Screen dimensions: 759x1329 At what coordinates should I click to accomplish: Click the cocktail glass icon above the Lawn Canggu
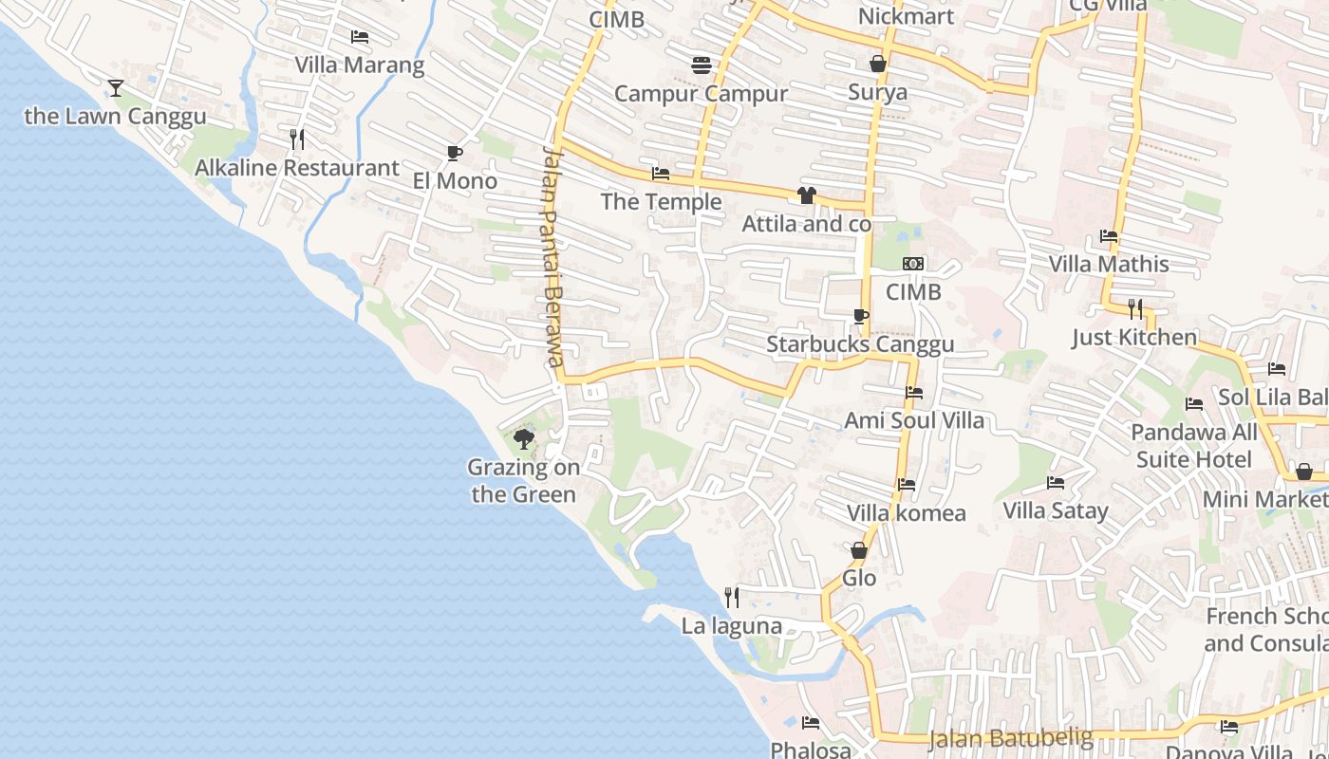click(x=116, y=88)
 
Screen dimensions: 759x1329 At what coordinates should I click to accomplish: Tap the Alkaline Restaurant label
click(x=297, y=168)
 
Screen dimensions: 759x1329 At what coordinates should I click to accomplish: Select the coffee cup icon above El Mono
click(x=454, y=153)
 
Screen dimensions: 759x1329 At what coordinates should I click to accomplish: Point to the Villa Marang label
click(x=360, y=65)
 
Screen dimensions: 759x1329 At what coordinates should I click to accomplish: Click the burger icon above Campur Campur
click(x=702, y=65)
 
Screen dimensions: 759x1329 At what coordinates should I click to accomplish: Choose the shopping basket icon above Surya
click(x=878, y=64)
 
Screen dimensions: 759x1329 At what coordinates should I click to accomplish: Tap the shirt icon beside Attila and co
click(x=806, y=195)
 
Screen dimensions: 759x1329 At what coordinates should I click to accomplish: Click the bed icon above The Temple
click(x=661, y=174)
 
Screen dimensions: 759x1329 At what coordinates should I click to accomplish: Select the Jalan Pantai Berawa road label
click(x=553, y=256)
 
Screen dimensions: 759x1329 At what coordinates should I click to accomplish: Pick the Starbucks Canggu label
click(x=860, y=344)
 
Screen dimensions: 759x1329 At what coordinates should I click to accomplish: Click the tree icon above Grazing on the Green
click(x=523, y=438)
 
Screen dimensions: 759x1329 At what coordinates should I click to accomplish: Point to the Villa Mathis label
click(x=1109, y=264)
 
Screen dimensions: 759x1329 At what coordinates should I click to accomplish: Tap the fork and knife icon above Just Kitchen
click(x=1134, y=308)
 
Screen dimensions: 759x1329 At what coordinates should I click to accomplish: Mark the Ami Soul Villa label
click(x=914, y=420)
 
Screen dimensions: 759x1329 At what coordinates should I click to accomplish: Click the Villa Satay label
click(x=1056, y=510)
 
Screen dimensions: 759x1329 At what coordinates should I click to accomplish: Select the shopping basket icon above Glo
click(x=859, y=550)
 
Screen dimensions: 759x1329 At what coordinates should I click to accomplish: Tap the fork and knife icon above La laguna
click(x=732, y=597)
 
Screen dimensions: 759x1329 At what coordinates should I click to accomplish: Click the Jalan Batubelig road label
click(x=1011, y=737)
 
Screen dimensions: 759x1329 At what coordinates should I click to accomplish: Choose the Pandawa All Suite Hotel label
click(x=1193, y=446)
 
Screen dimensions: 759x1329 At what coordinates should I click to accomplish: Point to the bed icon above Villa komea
click(x=907, y=485)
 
